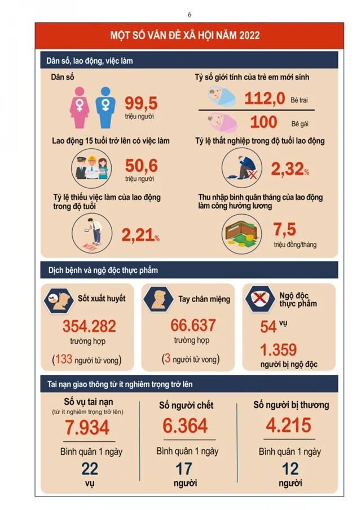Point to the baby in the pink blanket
click(215, 122)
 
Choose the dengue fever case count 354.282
click(89, 326)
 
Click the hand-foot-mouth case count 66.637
click(193, 325)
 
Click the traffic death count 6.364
click(186, 426)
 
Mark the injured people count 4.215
click(288, 425)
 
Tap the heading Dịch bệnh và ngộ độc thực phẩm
click(103, 270)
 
